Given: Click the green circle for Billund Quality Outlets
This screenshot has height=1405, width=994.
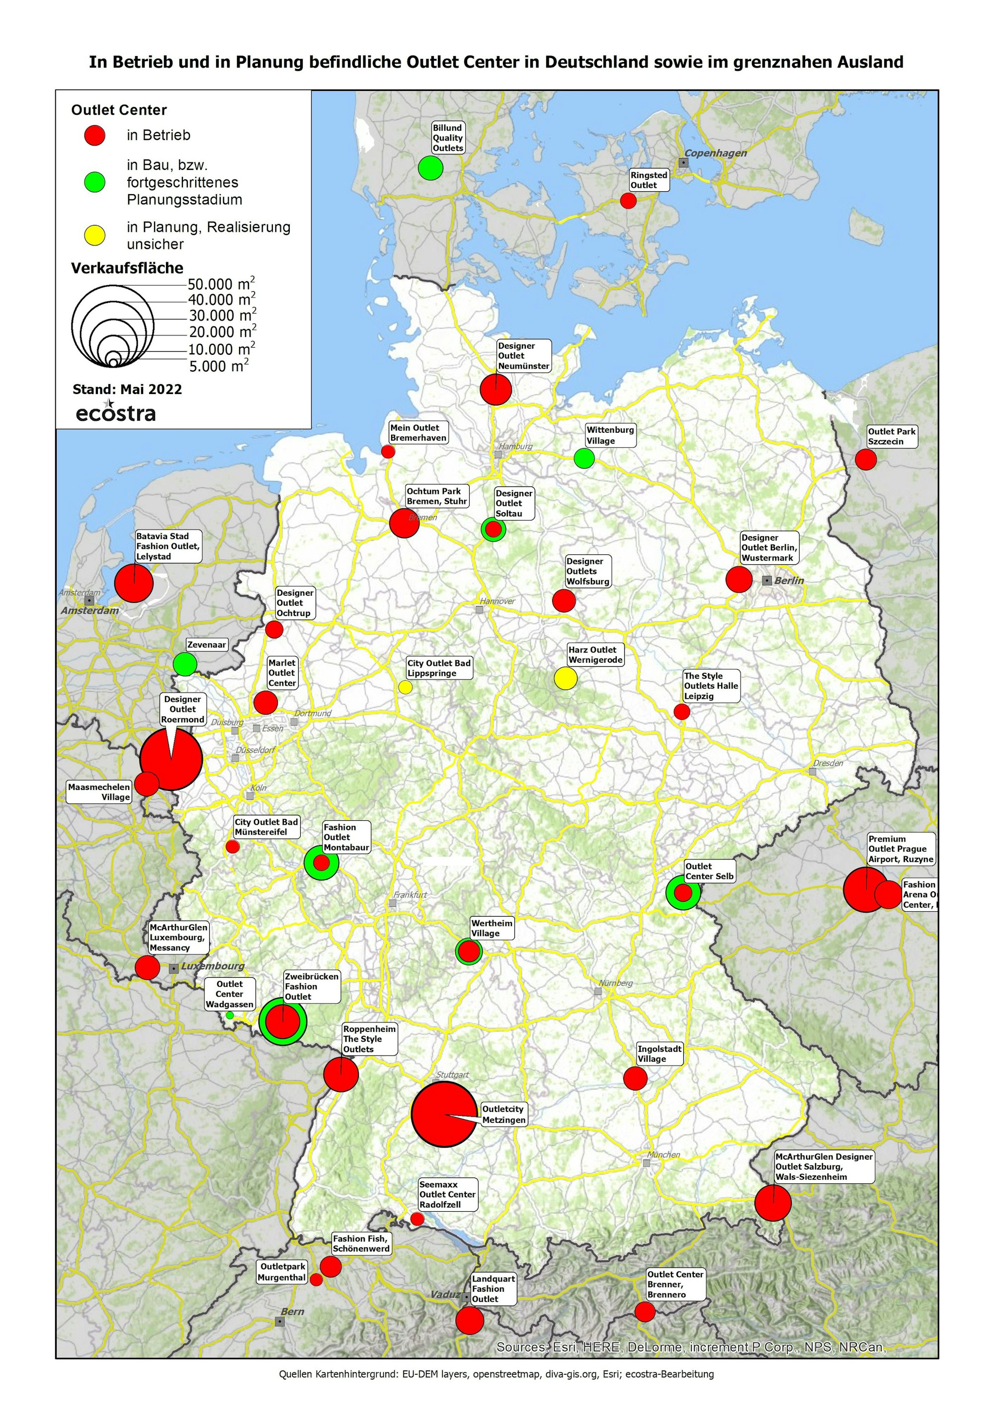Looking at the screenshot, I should pos(430,167).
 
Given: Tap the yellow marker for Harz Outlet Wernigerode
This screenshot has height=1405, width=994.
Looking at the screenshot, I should pos(566,678).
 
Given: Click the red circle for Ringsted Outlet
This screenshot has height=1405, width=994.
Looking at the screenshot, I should pos(628,201).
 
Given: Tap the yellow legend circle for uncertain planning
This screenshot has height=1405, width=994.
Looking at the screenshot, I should pos(95,235).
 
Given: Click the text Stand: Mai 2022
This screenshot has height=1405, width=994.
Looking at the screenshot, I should pos(127,389).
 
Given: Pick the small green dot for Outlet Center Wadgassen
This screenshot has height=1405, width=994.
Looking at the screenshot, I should pos(230,1015).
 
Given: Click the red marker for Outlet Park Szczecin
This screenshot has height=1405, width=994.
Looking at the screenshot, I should pos(865,459).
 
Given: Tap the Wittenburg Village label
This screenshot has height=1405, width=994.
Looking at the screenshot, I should pos(610,435).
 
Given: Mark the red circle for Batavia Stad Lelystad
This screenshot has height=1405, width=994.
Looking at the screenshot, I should pos(134,583).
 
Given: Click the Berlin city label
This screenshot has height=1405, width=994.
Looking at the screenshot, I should pos(788,580).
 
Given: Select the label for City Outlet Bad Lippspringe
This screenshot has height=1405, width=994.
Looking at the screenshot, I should pos(439,668).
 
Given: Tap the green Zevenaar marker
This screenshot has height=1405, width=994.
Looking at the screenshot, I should pos(185,664).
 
